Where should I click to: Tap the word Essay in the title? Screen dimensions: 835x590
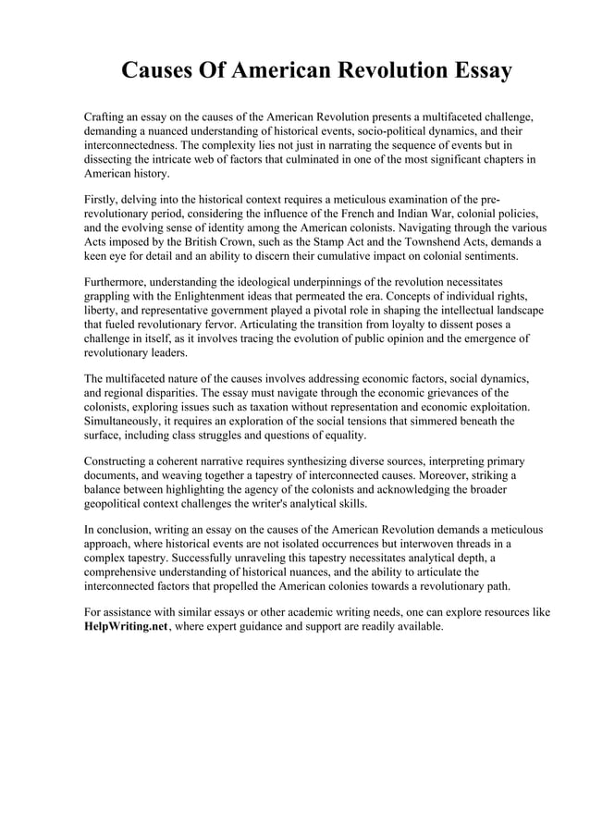coord(474,71)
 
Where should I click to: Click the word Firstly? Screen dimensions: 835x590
coord(103,200)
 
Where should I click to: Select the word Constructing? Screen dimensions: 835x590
coord(120,460)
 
